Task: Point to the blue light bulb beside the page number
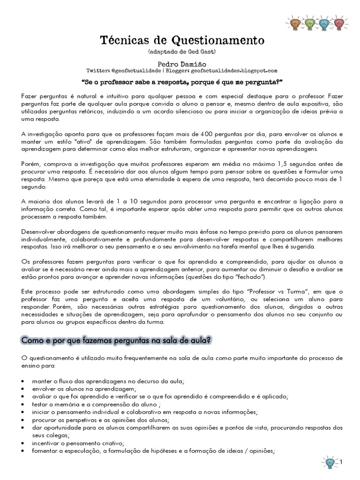(330, 462)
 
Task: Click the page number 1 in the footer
(341, 463)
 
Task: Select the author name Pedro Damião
(180, 62)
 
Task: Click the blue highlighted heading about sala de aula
(114, 339)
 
